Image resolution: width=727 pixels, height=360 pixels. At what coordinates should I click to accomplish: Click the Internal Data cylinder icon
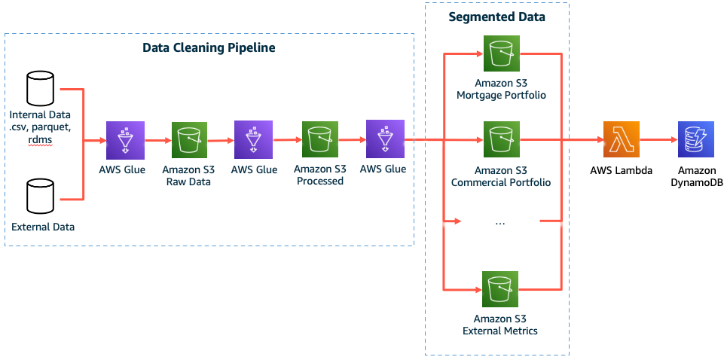(40, 89)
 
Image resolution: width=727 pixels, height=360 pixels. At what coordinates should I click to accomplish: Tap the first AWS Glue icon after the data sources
(123, 140)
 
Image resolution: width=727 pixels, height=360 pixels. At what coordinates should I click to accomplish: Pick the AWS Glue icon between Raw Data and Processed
(254, 140)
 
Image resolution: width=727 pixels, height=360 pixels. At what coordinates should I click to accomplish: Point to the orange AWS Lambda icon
(621, 140)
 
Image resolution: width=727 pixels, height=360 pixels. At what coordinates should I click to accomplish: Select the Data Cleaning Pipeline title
(209, 48)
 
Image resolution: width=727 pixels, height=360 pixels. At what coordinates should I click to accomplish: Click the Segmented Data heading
(496, 17)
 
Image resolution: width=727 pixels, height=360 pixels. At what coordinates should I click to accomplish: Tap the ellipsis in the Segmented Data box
(500, 223)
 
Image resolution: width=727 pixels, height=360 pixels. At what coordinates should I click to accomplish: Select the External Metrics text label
(500, 331)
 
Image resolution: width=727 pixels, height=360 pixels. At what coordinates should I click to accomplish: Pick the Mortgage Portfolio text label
(500, 96)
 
